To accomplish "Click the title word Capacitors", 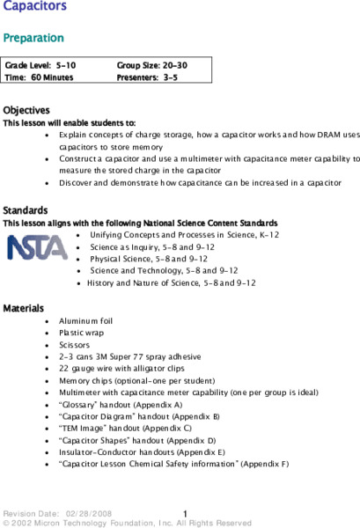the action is [35, 8].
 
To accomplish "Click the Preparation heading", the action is [33, 38].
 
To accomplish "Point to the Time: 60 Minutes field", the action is [39, 77].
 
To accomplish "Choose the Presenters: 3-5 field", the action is [147, 77].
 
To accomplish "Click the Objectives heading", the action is [26, 111].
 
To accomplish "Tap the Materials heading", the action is [25, 309].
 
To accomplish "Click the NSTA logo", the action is [37, 247].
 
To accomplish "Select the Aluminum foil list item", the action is [85, 321].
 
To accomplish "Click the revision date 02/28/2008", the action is [89, 512].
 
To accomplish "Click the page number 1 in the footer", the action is [186, 512].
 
